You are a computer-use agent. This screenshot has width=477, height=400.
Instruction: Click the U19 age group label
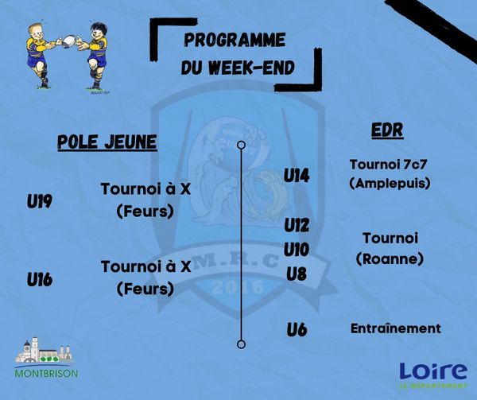(40, 201)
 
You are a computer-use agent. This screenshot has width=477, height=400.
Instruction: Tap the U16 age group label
(40, 279)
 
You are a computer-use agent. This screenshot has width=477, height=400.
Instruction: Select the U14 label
(297, 176)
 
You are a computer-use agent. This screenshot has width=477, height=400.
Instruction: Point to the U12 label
(297, 225)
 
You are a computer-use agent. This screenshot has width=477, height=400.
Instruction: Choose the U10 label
(297, 250)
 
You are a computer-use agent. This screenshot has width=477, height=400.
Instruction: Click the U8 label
(297, 274)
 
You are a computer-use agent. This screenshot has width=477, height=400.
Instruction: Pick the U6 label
(297, 329)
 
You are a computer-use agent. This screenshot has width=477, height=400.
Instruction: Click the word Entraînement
(396, 328)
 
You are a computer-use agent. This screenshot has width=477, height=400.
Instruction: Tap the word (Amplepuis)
(390, 183)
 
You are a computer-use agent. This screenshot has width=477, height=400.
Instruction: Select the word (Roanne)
(390, 259)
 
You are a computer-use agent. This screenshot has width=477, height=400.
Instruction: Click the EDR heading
(388, 130)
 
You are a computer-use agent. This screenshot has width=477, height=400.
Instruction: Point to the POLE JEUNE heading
(107, 142)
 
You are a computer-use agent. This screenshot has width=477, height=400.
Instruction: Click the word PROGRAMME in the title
(235, 40)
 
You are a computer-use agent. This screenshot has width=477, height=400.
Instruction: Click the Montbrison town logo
(46, 358)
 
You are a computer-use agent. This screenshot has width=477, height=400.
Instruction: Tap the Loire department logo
(433, 375)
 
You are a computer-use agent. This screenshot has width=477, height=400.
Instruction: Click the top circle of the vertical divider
(241, 145)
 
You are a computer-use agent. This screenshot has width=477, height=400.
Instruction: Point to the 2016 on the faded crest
(238, 287)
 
